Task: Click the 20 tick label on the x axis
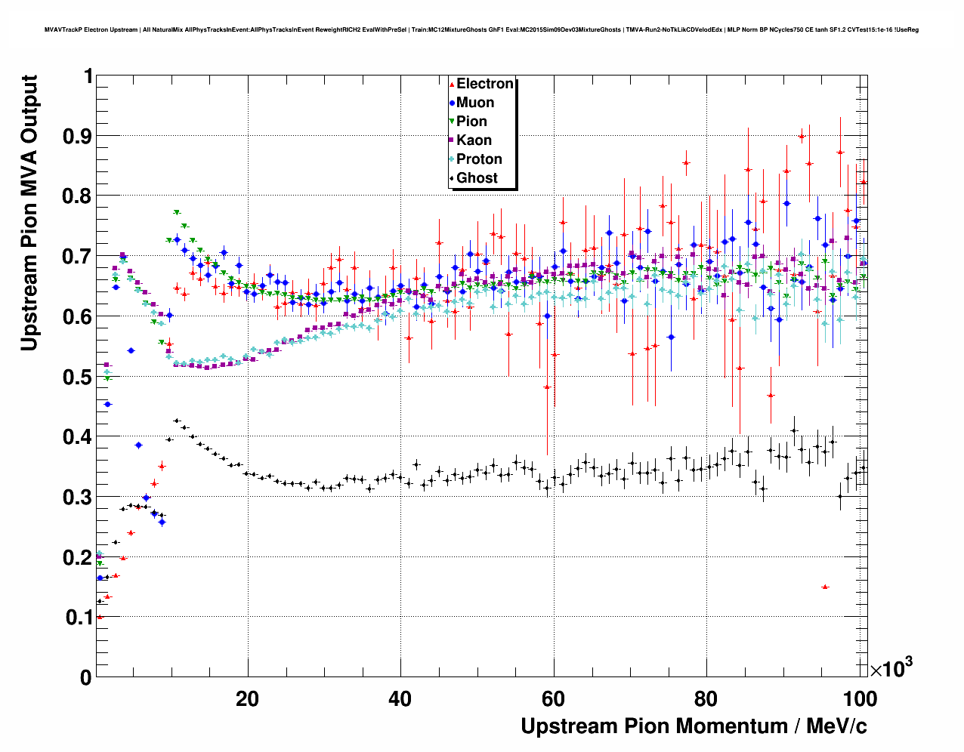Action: [247, 699]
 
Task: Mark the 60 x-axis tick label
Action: [554, 699]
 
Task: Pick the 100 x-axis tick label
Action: [860, 699]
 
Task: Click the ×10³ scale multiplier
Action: [891, 668]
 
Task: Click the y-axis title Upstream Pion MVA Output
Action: [29, 213]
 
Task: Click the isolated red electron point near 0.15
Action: [825, 587]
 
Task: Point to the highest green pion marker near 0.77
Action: [177, 213]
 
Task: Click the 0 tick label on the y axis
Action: [86, 677]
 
